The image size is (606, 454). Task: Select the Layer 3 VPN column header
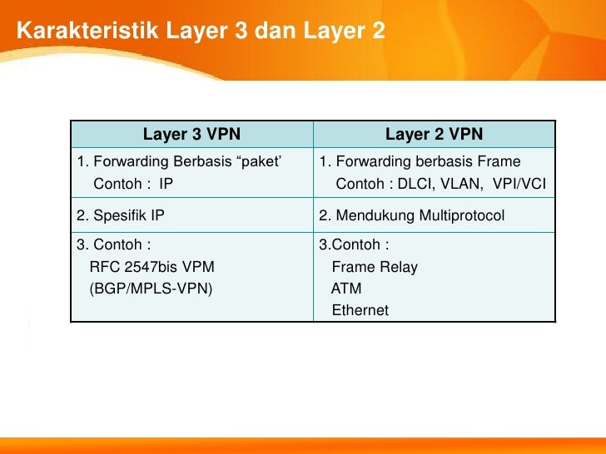tap(191, 134)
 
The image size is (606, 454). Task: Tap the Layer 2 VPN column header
tap(434, 134)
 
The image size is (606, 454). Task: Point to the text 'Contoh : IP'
tap(133, 184)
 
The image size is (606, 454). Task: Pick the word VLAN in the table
tap(463, 184)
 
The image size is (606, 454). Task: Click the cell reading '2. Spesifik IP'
tap(121, 216)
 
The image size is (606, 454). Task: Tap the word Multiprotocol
tap(462, 216)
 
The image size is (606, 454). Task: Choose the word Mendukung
tap(375, 216)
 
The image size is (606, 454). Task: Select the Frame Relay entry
tap(375, 267)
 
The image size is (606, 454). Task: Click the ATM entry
tap(346, 289)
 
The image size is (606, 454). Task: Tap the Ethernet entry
tap(360, 310)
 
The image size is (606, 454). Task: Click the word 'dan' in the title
tap(271, 32)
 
